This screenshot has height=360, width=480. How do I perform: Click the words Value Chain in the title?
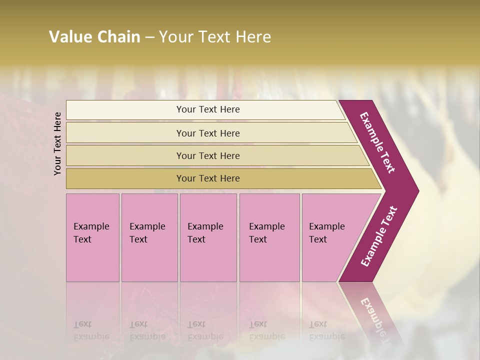[94, 36]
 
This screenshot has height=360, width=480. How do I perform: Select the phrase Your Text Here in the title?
[215, 36]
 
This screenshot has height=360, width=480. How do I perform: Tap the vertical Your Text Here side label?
[58, 143]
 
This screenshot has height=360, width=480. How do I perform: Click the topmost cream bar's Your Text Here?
[208, 109]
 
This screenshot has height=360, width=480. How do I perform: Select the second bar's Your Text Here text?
[208, 133]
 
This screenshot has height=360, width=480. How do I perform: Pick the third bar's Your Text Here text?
[208, 156]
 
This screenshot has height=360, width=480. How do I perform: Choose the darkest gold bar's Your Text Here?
[208, 178]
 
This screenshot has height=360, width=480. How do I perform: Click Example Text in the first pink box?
[91, 233]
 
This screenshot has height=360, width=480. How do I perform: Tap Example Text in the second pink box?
[147, 233]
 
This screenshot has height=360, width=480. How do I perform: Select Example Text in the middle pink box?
[205, 233]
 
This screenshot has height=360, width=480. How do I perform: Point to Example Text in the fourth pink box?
[266, 233]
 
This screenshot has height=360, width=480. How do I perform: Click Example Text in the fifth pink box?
[326, 233]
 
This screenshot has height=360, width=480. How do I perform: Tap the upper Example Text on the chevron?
[377, 142]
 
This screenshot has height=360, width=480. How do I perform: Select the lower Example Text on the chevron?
[379, 236]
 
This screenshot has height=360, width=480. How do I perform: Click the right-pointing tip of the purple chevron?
[417, 191]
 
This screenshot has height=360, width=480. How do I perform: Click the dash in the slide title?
[149, 36]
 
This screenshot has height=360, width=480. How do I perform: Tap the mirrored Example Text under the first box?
[91, 330]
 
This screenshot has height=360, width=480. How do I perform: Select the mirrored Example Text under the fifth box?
[326, 330]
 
